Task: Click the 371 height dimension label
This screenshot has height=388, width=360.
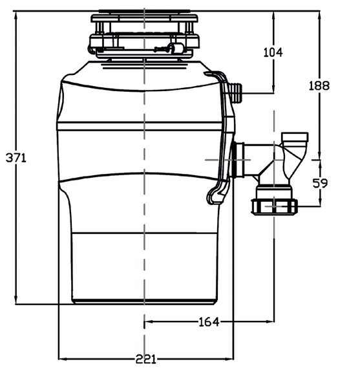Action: pos(16,158)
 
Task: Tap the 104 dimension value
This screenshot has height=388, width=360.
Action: pos(273,52)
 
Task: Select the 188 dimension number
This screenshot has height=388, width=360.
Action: pos(319,85)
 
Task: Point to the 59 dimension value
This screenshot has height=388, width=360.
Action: pos(320,183)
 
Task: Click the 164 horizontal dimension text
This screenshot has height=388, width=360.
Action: pos(209,321)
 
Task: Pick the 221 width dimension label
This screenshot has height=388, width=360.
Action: pos(146,359)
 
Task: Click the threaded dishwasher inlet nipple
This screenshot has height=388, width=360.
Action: pos(237,92)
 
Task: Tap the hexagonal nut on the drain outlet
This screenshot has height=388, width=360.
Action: pos(274,206)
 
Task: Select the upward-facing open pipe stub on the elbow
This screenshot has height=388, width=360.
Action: pos(295,137)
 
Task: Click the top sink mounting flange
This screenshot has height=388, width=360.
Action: pos(144,18)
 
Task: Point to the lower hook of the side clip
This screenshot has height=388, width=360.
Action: pos(217,193)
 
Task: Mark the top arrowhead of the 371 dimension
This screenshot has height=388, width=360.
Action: pos(16,15)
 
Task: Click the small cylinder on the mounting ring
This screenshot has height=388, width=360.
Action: pos(176,48)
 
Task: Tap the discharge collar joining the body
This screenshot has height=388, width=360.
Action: pos(238,160)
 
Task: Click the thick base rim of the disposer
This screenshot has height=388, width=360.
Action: pos(144,301)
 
